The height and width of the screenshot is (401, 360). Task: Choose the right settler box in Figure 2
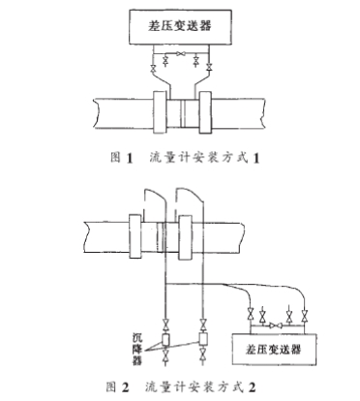[203, 341]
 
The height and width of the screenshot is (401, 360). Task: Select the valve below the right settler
[203, 360]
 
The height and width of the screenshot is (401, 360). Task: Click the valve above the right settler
[203, 322]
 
